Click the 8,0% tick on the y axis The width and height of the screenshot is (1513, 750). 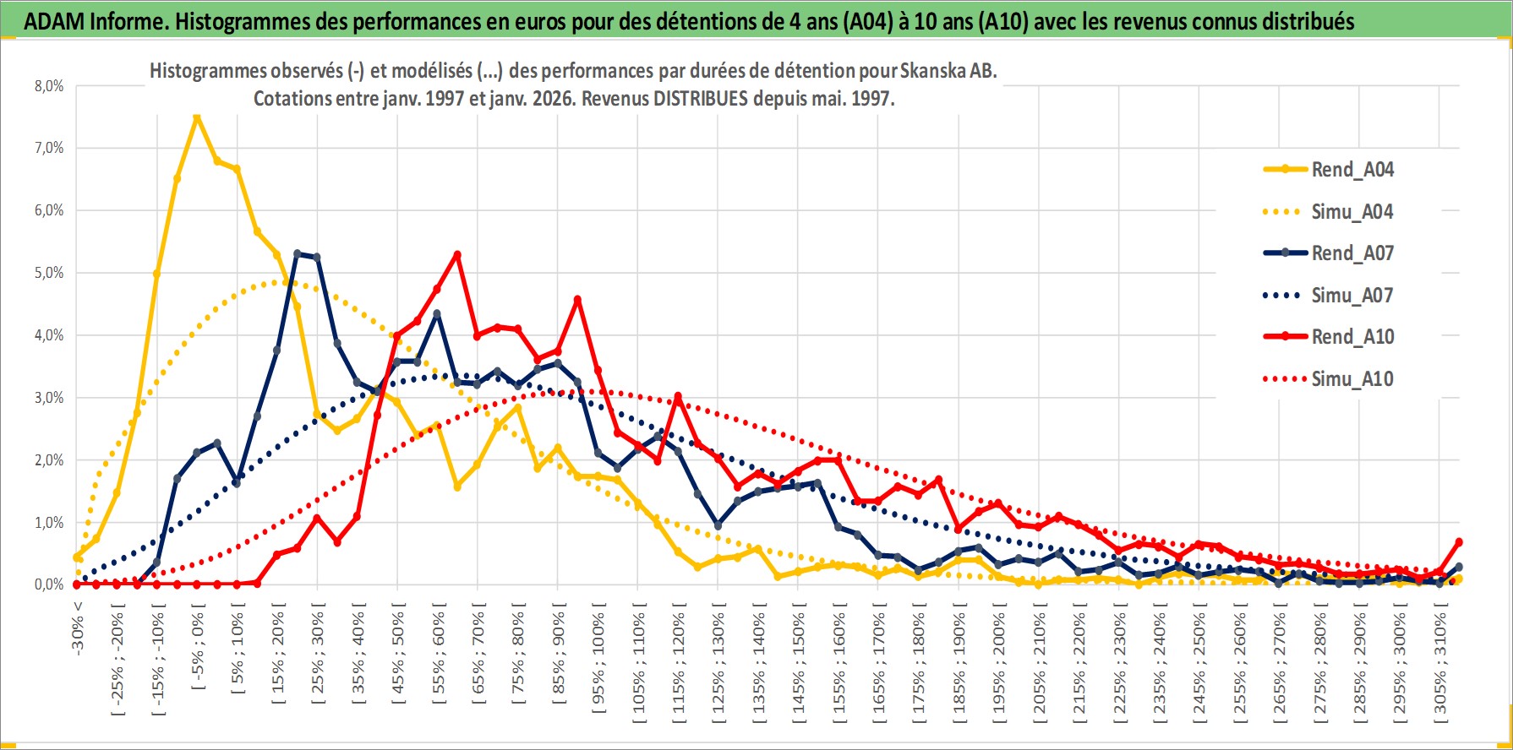(x=48, y=86)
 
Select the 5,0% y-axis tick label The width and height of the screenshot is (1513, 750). (x=48, y=273)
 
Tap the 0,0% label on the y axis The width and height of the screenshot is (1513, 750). (x=48, y=584)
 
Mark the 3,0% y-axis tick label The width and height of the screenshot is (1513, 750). (x=48, y=398)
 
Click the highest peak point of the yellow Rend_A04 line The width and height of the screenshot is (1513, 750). (x=197, y=117)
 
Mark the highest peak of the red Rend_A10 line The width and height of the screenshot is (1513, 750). (x=457, y=254)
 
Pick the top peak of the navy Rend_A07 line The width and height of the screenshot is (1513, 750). (x=298, y=253)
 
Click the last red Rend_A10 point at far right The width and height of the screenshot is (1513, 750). (x=1459, y=542)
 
